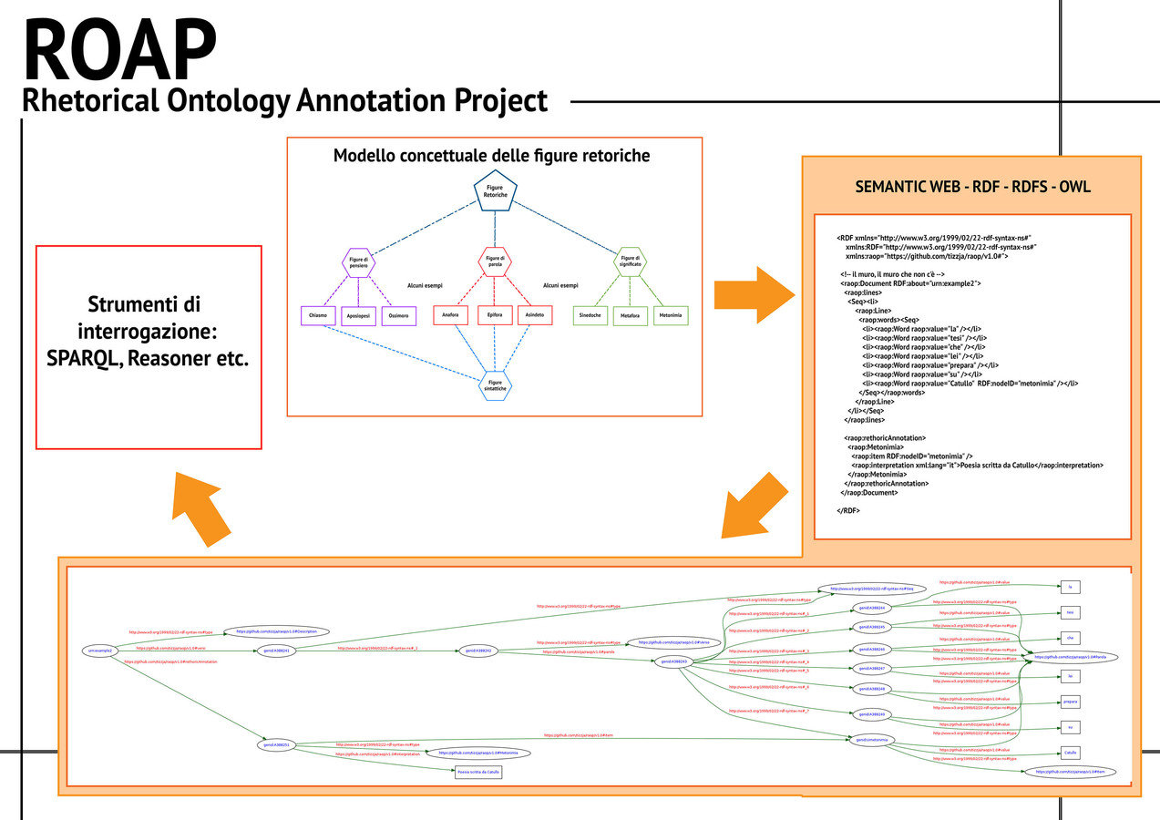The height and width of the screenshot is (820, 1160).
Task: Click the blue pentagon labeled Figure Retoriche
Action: coord(495,191)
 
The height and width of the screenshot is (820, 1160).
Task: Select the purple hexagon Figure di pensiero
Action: coord(357,264)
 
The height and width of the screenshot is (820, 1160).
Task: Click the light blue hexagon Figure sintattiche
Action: coord(495,385)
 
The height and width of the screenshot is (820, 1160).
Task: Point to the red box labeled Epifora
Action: coord(495,315)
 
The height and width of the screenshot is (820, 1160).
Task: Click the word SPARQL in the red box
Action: coord(84,358)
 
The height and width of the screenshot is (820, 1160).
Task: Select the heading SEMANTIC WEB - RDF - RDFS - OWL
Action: coord(972,187)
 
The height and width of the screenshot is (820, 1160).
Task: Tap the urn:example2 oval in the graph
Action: coord(99,651)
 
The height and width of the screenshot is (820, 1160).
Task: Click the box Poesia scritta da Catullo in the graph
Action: coord(478,771)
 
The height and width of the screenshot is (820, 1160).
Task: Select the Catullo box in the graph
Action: coord(1071,753)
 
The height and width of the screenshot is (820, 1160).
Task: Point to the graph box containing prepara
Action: coord(1071,702)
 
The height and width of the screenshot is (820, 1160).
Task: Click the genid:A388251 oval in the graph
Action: coord(276,744)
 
